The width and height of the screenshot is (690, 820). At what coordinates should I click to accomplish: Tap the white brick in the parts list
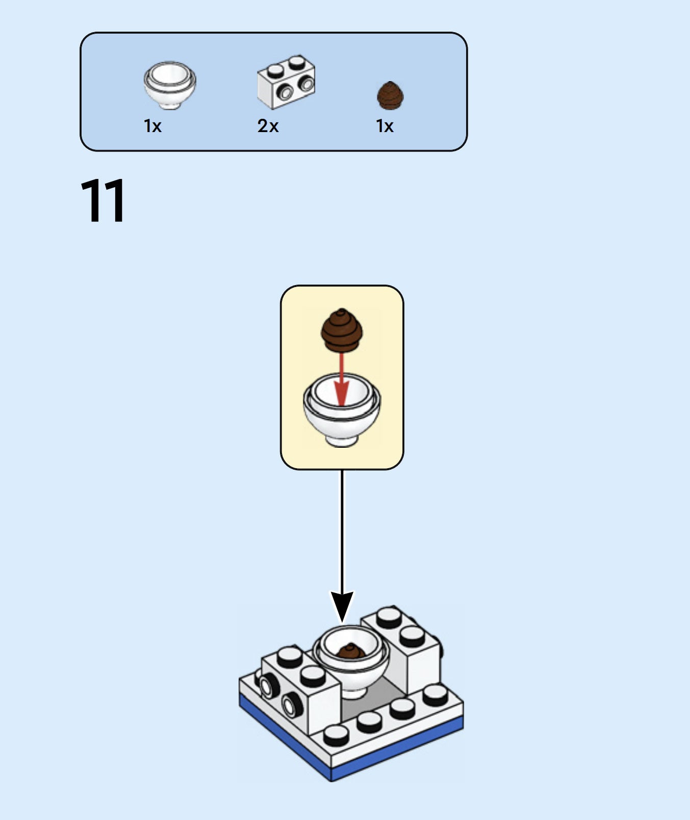286,82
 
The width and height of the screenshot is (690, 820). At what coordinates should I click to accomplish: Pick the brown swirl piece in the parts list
390,95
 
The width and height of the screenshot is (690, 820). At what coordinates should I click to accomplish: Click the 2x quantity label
268,126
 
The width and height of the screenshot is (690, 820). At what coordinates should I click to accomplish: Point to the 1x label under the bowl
152,126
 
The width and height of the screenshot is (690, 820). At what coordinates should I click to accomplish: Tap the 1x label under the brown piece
385,126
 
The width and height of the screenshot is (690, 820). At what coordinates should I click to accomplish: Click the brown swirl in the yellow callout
341,330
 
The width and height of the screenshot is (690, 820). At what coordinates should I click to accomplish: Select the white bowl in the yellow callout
342,413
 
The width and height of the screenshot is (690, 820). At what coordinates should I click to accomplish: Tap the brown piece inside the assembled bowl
351,651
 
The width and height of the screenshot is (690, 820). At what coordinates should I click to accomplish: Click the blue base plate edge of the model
398,750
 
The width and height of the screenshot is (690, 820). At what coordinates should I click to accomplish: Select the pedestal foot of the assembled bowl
353,692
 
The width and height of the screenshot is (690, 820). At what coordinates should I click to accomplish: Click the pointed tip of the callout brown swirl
341,310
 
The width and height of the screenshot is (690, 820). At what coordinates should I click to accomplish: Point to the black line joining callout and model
342,530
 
